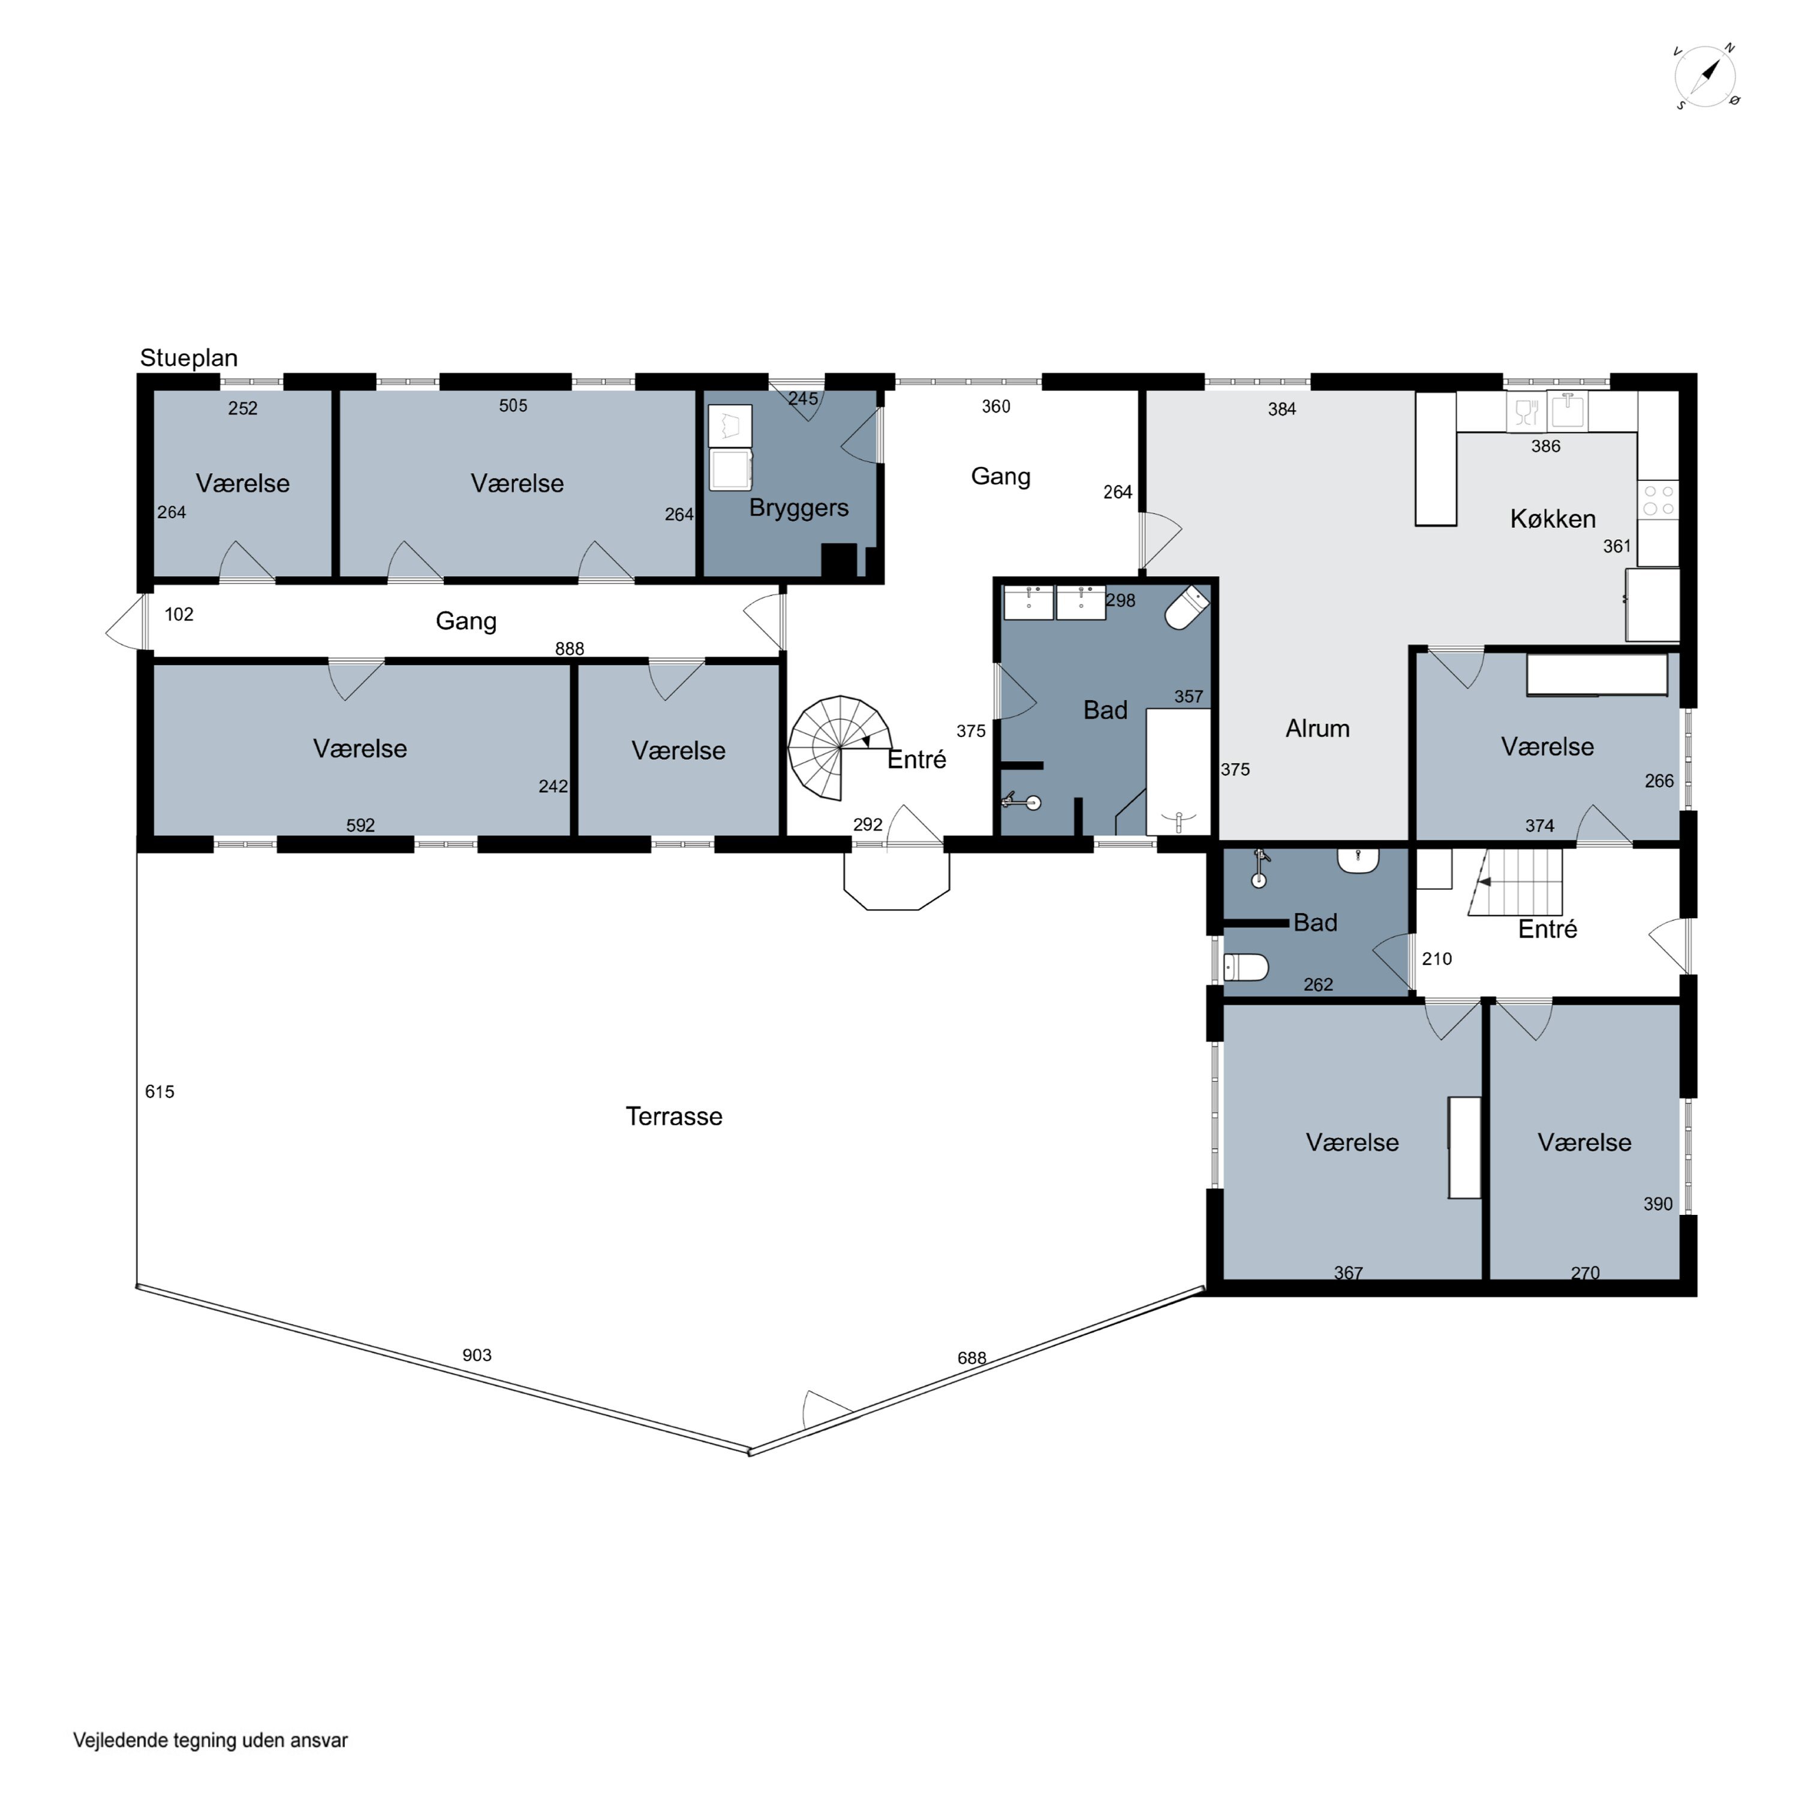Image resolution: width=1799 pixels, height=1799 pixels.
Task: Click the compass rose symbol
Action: point(1706,76)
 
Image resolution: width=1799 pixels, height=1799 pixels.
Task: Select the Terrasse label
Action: point(673,1117)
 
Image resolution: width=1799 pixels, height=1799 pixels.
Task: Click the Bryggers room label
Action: point(799,509)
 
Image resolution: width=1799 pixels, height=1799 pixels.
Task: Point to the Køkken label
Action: point(1553,519)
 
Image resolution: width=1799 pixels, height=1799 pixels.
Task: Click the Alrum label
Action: point(1317,728)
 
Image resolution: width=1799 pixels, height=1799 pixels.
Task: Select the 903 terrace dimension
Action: point(477,1355)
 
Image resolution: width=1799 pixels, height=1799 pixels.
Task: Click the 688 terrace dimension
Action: point(971,1358)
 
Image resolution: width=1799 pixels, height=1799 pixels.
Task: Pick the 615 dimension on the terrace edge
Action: point(160,1091)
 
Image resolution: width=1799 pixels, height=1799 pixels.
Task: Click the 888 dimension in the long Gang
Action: point(569,648)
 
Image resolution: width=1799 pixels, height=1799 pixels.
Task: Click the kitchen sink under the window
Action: point(1568,411)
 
